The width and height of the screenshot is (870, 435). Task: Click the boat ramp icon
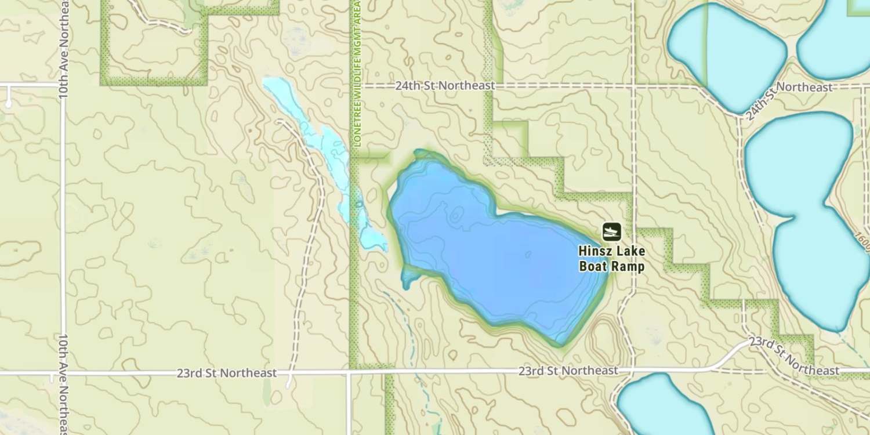coord(611,232)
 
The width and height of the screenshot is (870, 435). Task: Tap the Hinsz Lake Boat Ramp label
coord(611,259)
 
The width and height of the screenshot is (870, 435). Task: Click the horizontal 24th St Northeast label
coord(445,86)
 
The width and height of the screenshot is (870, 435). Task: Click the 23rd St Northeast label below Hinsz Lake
coord(568,370)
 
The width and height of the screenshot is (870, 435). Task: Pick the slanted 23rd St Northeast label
coord(792,355)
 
